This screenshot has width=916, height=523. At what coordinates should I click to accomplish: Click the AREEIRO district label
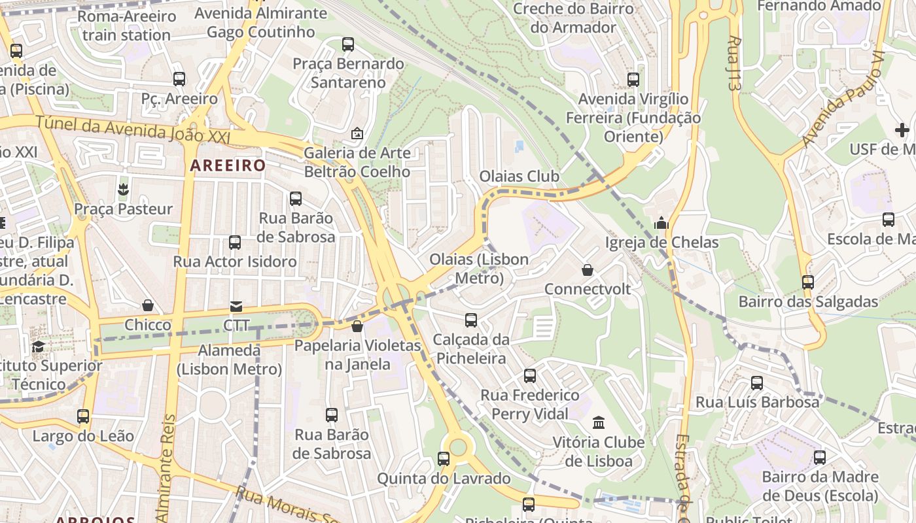(228, 165)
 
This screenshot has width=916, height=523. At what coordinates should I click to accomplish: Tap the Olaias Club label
(520, 177)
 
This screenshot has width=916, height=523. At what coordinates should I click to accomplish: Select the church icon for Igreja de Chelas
(661, 224)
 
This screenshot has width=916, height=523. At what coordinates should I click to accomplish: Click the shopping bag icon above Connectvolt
(588, 270)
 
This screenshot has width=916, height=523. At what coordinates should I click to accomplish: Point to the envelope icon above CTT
(236, 307)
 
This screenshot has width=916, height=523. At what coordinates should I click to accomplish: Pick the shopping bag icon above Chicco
(148, 306)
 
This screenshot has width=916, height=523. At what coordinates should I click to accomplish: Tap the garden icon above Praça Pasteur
(123, 190)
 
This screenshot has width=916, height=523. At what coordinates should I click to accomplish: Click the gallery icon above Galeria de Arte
(357, 133)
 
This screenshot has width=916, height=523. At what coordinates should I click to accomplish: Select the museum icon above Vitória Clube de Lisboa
(599, 423)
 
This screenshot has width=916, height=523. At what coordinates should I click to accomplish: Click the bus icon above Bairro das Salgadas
(808, 282)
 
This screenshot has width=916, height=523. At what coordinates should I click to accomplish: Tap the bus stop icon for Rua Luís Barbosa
(757, 383)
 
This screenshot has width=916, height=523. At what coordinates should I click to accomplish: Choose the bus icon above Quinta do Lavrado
(444, 459)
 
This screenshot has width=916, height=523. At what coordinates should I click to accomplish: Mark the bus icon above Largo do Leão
(83, 416)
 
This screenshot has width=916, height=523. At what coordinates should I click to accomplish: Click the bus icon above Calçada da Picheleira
(471, 320)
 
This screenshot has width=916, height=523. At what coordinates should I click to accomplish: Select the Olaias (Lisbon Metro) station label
(479, 269)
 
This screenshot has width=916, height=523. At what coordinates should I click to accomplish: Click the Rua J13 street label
(735, 63)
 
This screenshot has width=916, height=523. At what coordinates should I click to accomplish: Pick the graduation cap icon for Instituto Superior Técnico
(39, 346)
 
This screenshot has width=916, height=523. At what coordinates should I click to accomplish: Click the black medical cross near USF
(902, 129)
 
